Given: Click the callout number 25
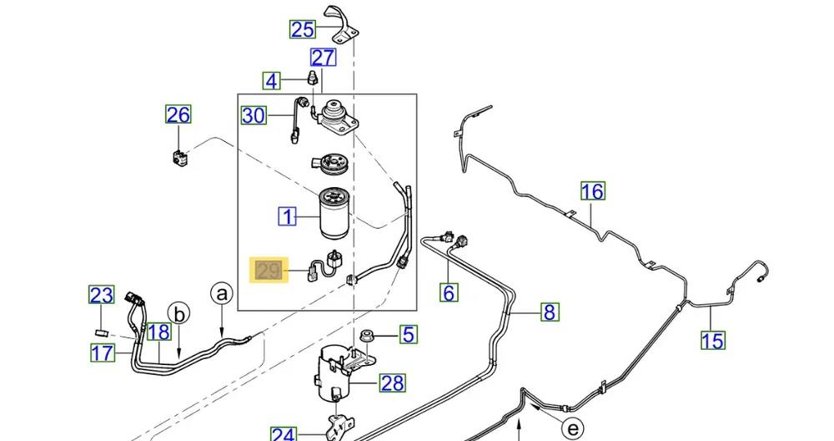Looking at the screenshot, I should click(x=302, y=30).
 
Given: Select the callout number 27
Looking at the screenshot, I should click(x=323, y=58).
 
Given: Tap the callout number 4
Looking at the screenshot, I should click(x=272, y=81).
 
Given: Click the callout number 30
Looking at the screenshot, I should click(x=254, y=115).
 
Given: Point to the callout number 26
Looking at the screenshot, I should click(x=178, y=114).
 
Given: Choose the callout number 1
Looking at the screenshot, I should click(x=288, y=217).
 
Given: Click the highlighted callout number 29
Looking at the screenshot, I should click(x=269, y=271).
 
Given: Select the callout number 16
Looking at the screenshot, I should click(x=592, y=191).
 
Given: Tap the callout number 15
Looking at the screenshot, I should click(x=712, y=340).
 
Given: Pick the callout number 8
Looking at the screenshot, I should click(x=549, y=312).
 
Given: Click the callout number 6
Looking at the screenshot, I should click(x=450, y=292).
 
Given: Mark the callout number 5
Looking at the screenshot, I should click(x=407, y=335).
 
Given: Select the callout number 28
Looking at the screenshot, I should click(x=392, y=383).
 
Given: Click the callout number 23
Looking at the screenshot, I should click(x=102, y=295).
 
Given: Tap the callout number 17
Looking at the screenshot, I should click(x=102, y=353).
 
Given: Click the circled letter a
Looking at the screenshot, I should click(x=222, y=293).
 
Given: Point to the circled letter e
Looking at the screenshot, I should click(x=572, y=429).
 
